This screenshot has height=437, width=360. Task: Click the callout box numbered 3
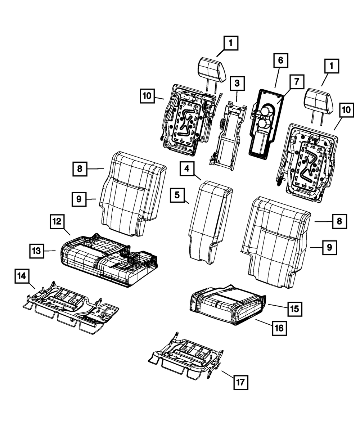(237, 84)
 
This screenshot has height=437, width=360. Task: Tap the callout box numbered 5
(178, 195)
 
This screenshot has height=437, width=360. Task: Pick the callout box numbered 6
(280, 60)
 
